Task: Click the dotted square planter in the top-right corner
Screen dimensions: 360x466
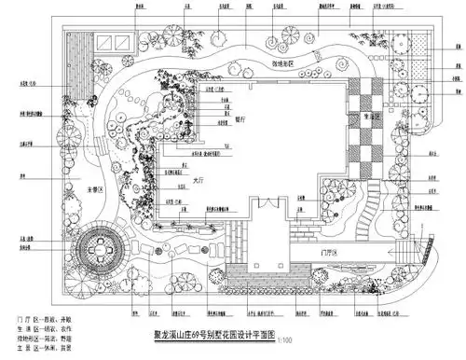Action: pyautogui.click(x=418, y=42)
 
